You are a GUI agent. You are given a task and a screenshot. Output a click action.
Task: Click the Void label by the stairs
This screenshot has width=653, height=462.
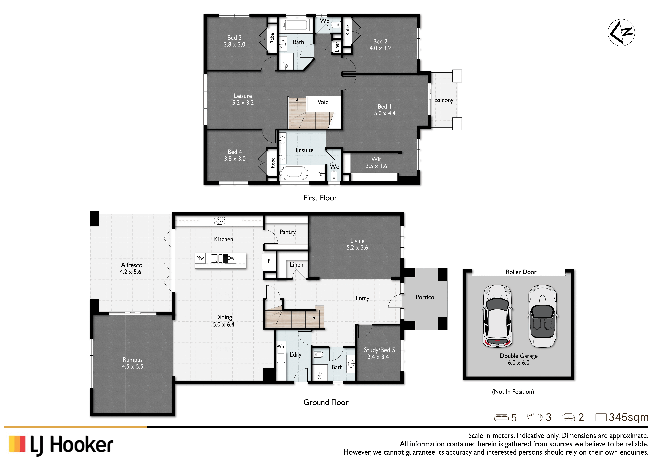[323, 102]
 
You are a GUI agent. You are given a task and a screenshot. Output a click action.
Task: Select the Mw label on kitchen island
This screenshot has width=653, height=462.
[200, 258]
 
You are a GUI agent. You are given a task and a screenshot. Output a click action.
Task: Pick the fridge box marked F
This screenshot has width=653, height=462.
[269, 261]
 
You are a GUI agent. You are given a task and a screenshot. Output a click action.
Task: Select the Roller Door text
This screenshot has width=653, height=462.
[521, 272]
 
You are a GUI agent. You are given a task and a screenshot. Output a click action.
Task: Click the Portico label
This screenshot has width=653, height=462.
[425, 297]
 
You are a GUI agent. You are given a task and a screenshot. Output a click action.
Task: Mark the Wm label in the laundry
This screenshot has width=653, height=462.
[281, 346]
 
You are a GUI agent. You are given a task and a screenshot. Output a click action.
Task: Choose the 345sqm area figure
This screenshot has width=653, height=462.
[629, 417]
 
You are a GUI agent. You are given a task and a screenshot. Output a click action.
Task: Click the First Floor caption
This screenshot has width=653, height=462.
[320, 198]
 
